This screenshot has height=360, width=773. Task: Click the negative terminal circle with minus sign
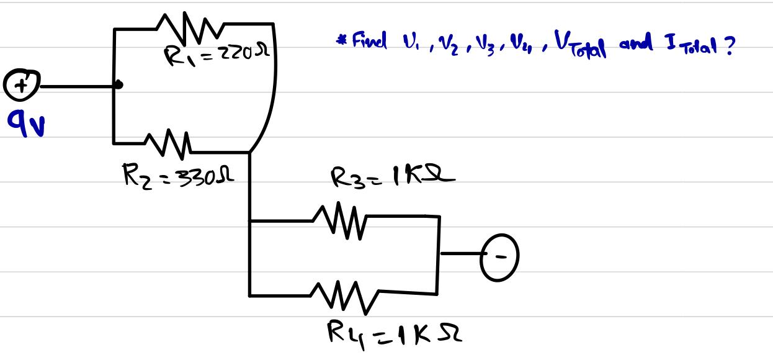pyautogui.click(x=501, y=255)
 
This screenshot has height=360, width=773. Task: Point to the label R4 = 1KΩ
pyautogui.click(x=395, y=335)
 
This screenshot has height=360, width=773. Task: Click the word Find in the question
pyautogui.click(x=369, y=42)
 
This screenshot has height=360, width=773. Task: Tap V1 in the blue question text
pyautogui.click(x=413, y=47)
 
